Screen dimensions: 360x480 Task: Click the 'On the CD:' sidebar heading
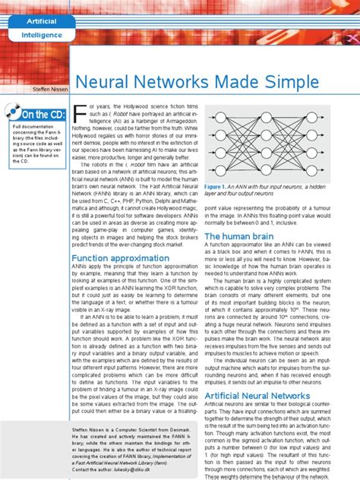coord(45,115)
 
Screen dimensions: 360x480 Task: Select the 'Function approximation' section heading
coord(125,258)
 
